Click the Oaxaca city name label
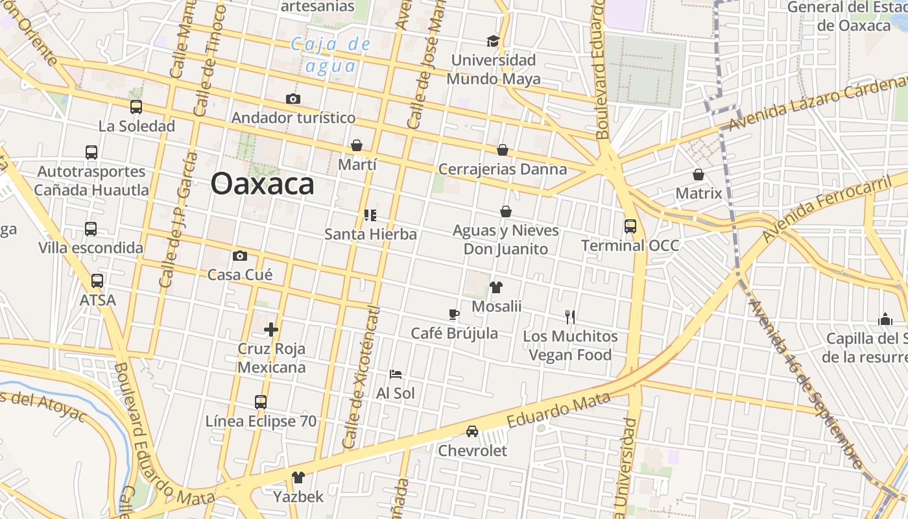pyautogui.click(x=262, y=184)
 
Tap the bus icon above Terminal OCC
pyautogui.click(x=630, y=226)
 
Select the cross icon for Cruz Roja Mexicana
pyautogui.click(x=271, y=330)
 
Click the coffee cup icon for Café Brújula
pyautogui.click(x=454, y=315)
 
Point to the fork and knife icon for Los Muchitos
pyautogui.click(x=570, y=317)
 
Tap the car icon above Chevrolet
pyautogui.click(x=472, y=431)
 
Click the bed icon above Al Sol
pyautogui.click(x=396, y=374)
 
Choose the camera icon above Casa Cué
pyautogui.click(x=240, y=256)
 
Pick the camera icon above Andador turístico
pyautogui.click(x=293, y=99)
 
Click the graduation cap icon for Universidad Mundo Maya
pyautogui.click(x=493, y=42)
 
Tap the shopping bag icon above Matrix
pyautogui.click(x=699, y=175)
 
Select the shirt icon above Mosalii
pyautogui.click(x=496, y=287)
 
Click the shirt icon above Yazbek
pyautogui.click(x=298, y=477)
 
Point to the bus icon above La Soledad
pyautogui.click(x=136, y=107)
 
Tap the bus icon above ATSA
pyautogui.click(x=97, y=281)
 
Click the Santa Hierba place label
pyautogui.click(x=370, y=234)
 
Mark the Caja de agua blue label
pyautogui.click(x=331, y=54)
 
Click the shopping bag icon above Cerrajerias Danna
pyautogui.click(x=502, y=151)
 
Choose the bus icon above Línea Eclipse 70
pyautogui.click(x=261, y=402)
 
